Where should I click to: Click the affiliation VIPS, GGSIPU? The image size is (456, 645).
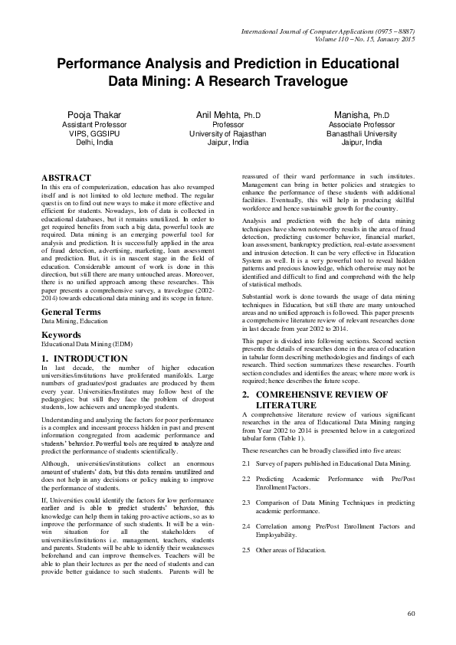coord(90,133)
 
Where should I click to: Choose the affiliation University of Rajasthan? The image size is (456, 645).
coord(228,133)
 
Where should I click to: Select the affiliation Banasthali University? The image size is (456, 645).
coord(363,133)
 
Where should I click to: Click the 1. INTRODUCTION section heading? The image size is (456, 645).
coord(84,358)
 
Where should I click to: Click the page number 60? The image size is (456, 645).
coord(411,613)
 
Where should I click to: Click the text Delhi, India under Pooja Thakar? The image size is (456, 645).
coord(90,142)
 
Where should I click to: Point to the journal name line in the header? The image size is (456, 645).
coord(327,30)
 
